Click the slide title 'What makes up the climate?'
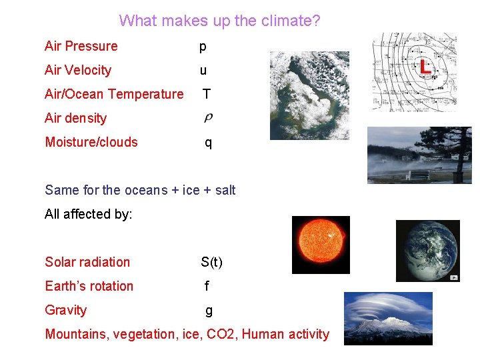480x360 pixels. (x=219, y=21)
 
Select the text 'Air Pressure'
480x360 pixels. (x=81, y=46)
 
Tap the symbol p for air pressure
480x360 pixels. (x=203, y=47)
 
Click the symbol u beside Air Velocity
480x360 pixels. (x=203, y=71)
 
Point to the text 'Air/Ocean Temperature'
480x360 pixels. (x=113, y=94)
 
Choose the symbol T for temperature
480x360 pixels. (x=207, y=94)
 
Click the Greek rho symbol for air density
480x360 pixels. (x=208, y=118)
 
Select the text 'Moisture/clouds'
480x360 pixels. (x=91, y=142)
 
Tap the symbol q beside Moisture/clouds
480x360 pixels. (x=208, y=143)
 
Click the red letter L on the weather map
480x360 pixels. (x=425, y=66)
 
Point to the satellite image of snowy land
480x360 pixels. (x=309, y=95)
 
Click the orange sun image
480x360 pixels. (x=321, y=245)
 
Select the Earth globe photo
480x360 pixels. (x=427, y=251)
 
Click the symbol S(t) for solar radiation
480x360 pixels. (x=211, y=262)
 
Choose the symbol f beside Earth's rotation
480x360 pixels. (x=207, y=286)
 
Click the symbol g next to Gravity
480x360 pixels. (x=209, y=311)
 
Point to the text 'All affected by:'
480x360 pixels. (x=89, y=214)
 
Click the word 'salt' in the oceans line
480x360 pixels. (x=225, y=190)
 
